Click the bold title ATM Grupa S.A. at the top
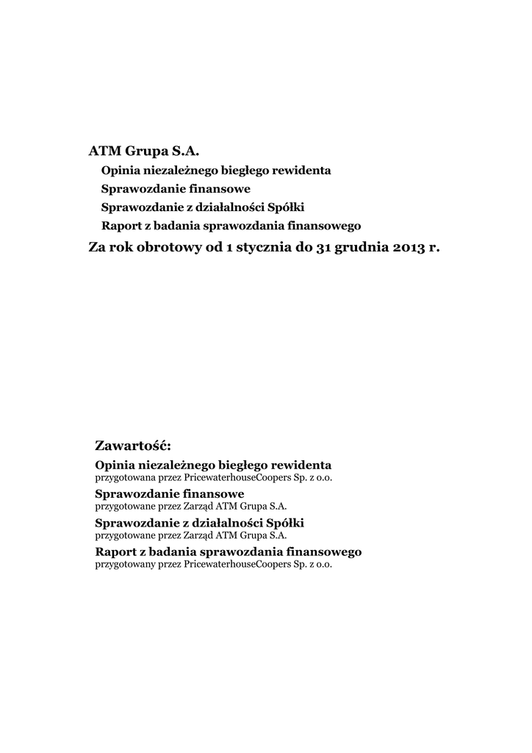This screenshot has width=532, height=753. click(x=144, y=151)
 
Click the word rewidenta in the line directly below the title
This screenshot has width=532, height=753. click(x=301, y=170)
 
